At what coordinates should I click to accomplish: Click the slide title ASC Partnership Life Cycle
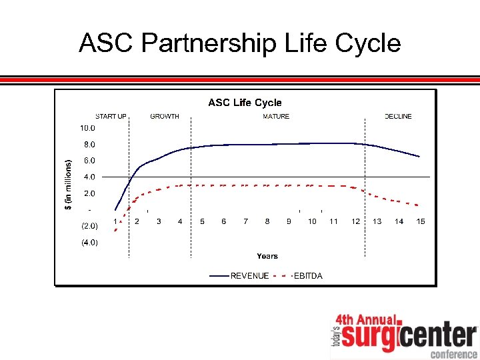click(x=239, y=43)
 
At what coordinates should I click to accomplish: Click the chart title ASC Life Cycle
click(x=245, y=103)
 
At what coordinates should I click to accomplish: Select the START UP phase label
click(x=111, y=117)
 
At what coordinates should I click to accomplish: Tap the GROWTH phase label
click(x=165, y=117)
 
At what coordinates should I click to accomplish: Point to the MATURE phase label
click(x=276, y=117)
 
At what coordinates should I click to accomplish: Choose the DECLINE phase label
click(x=398, y=117)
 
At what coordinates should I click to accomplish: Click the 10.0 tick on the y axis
click(x=88, y=128)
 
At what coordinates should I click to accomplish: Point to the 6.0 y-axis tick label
click(x=89, y=161)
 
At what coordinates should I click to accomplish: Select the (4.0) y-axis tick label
click(x=89, y=243)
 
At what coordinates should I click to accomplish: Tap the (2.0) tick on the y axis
click(x=89, y=226)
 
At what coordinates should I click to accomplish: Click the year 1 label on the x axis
click(x=115, y=221)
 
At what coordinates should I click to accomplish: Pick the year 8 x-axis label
click(x=267, y=221)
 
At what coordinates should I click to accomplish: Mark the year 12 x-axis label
click(x=356, y=221)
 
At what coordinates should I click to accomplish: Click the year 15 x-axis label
click(x=421, y=221)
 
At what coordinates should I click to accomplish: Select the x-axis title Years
click(x=267, y=256)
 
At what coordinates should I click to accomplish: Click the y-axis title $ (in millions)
click(x=68, y=184)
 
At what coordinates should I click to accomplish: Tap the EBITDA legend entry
click(x=308, y=276)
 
